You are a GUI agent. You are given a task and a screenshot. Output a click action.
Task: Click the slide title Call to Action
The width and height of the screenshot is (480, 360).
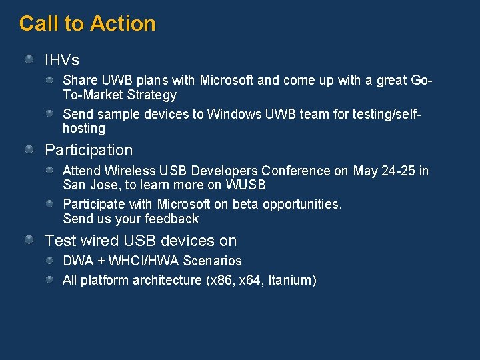point(87,24)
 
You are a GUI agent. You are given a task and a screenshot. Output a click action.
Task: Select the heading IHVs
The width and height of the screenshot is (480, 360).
point(62,61)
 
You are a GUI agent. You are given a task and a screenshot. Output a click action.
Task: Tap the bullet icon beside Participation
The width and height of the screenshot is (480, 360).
point(30,149)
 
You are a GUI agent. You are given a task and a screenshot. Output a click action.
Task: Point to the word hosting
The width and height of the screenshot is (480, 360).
point(84,129)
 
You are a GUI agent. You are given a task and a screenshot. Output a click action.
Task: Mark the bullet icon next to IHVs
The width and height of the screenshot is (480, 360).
point(30,60)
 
